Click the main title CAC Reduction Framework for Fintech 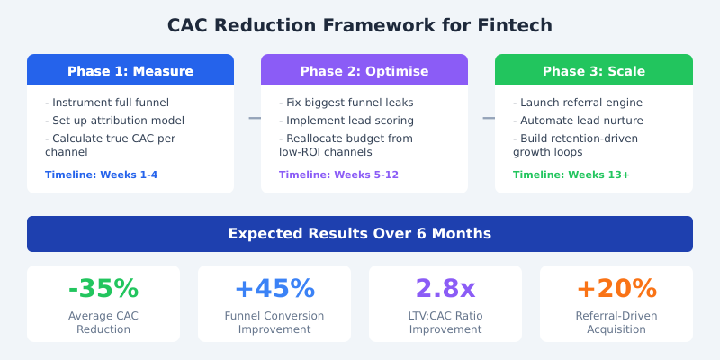(x=360, y=25)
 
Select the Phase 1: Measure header (x=130, y=71)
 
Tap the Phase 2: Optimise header (x=364, y=71)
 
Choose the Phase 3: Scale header (x=594, y=71)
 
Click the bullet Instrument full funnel (x=107, y=103)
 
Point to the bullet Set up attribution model (x=114, y=121)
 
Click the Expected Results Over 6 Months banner (x=360, y=234)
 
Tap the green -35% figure (x=103, y=289)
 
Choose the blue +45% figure (x=274, y=289)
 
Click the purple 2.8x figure (x=445, y=289)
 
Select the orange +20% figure (x=616, y=289)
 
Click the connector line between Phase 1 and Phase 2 (x=255, y=118)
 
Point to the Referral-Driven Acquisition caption (x=616, y=322)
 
